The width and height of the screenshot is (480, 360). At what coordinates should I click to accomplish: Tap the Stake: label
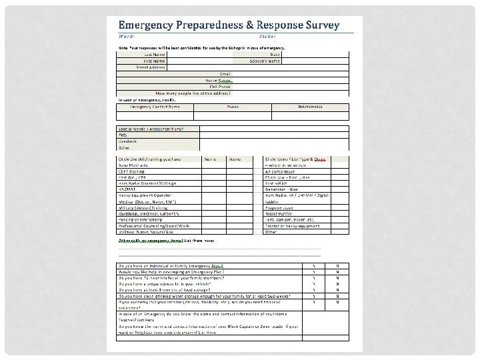[x=249, y=36]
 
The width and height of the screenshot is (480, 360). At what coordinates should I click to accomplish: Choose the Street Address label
[x=151, y=67]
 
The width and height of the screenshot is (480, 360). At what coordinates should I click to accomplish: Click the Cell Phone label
[x=220, y=87]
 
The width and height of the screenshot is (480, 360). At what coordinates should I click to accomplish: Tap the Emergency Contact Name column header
[x=155, y=106]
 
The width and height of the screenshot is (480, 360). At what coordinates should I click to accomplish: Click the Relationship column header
[x=310, y=106]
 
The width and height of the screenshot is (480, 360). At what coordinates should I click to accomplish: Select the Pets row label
[x=122, y=135]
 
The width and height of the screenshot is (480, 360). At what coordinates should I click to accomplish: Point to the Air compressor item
[x=283, y=171]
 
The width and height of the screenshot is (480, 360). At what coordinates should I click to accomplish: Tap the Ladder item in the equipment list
[x=271, y=201]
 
